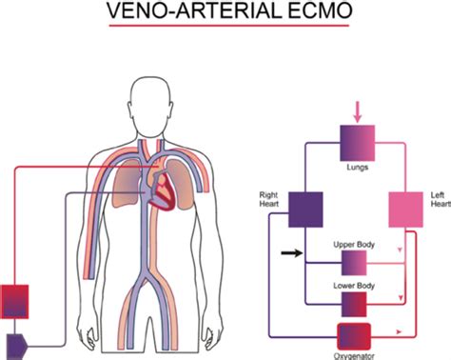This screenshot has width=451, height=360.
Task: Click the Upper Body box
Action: pos(353,263)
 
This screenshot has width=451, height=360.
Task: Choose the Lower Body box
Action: pos(353,303)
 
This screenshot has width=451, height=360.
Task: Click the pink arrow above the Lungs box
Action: pos(358,112)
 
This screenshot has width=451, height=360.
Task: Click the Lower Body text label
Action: pos(352,285)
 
